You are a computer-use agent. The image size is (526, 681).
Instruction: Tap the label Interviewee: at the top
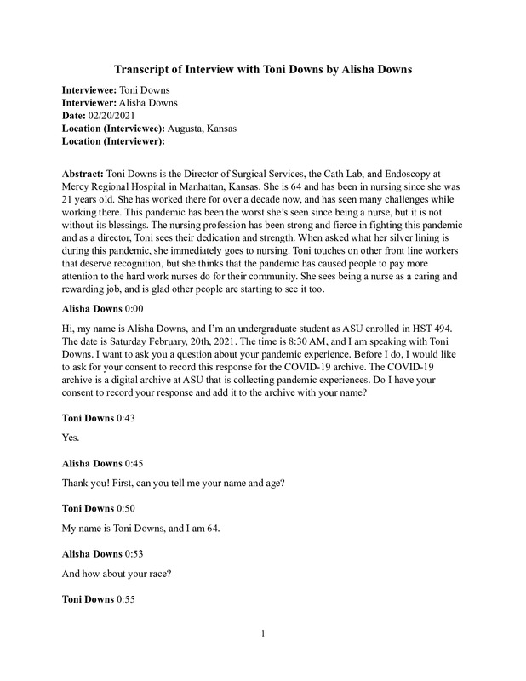[x=92, y=89]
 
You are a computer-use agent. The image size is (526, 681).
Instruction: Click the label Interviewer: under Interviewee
[x=92, y=102]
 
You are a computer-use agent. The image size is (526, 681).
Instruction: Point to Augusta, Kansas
[x=203, y=128]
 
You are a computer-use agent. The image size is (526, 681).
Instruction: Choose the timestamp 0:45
[x=134, y=463]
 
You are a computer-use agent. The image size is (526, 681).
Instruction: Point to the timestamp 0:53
[x=134, y=553]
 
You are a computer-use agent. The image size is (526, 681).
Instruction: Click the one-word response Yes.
[x=71, y=438]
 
